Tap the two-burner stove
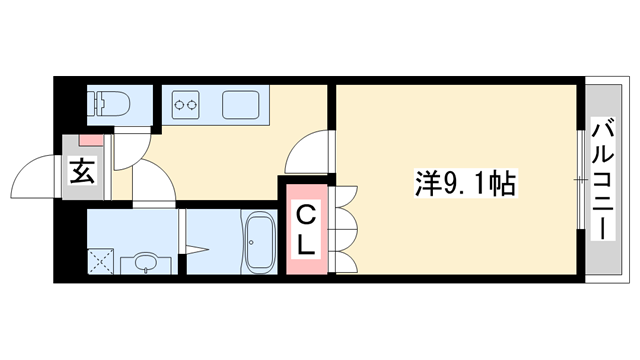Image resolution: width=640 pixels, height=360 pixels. coord(187,102)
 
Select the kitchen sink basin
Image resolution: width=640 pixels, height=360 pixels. coord(241,103)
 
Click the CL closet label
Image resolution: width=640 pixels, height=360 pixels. coord(307,227)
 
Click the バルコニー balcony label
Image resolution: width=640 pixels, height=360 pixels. coord(604,179)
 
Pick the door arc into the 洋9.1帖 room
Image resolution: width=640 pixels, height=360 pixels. coord(308,155)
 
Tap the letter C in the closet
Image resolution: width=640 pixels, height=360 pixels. coord(307,212)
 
